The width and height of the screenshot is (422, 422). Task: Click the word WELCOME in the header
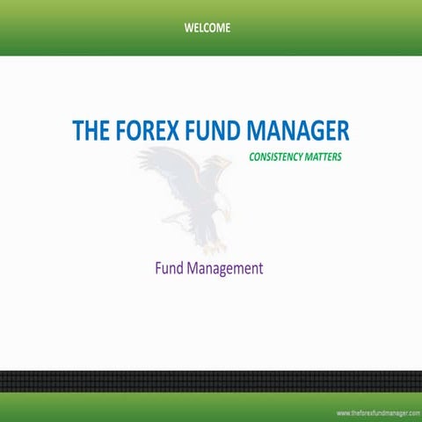click(x=207, y=27)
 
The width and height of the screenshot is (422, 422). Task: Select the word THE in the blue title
click(x=91, y=131)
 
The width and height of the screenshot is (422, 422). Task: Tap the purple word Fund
click(x=169, y=268)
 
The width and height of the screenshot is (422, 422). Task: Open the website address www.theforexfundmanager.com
click(x=377, y=412)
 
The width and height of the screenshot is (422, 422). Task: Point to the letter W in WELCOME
click(x=189, y=27)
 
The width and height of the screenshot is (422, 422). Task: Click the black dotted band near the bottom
click(x=211, y=382)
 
